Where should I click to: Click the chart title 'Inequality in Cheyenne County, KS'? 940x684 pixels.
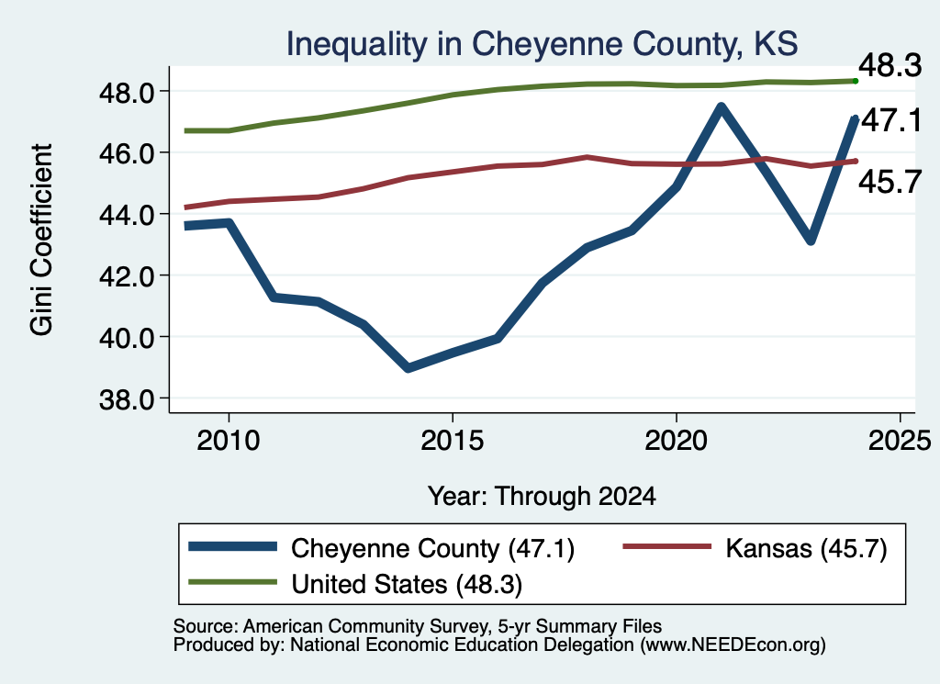coord(542,44)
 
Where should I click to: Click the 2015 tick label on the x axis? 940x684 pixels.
coord(452,441)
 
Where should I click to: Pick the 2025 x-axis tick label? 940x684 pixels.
coord(900,441)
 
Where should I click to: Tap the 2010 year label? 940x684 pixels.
coord(229,441)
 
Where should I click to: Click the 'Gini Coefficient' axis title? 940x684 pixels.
coord(42,240)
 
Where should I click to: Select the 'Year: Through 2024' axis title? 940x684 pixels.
coord(542,497)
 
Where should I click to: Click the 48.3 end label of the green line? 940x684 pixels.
coord(890,65)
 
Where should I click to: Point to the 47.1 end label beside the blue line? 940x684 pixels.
coord(891,120)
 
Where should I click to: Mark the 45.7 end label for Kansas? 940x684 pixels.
coord(890,182)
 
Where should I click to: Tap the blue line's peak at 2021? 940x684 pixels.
coord(722,108)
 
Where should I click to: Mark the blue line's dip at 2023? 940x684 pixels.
coord(811,241)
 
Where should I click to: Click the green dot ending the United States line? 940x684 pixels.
coord(856,81)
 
